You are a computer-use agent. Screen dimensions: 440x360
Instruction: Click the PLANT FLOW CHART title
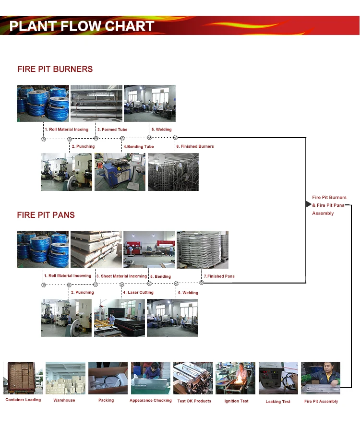(x=82, y=25)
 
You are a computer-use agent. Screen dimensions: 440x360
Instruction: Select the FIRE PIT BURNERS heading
(x=55, y=69)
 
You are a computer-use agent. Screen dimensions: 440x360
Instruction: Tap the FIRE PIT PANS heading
(x=46, y=215)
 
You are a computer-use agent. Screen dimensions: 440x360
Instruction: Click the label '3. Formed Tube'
(x=112, y=130)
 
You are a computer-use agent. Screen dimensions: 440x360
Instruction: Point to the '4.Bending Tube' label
(x=139, y=146)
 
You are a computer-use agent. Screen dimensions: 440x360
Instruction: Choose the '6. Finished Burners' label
(x=195, y=146)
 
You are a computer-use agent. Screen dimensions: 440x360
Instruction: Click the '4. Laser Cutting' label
(x=138, y=292)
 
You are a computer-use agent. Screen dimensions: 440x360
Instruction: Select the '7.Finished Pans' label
(x=219, y=276)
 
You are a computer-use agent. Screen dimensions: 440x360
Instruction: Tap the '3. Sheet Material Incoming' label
(x=121, y=276)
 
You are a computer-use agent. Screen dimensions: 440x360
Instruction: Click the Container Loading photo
(x=23, y=378)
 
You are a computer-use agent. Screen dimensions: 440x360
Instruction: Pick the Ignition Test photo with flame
(x=235, y=378)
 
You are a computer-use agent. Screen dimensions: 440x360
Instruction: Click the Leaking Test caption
(x=278, y=402)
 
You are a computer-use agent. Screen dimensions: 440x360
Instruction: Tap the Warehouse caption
(x=64, y=400)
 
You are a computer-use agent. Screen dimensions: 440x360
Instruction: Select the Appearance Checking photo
(x=151, y=378)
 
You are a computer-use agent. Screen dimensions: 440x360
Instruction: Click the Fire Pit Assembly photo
(x=321, y=378)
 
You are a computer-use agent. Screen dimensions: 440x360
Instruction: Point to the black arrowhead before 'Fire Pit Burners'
(x=308, y=204)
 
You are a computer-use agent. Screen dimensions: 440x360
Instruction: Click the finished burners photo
(x=173, y=172)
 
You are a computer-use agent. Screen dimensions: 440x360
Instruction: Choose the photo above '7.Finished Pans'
(x=203, y=250)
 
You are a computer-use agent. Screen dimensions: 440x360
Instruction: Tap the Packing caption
(x=107, y=400)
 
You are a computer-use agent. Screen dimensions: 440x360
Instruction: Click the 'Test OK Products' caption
(x=194, y=401)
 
